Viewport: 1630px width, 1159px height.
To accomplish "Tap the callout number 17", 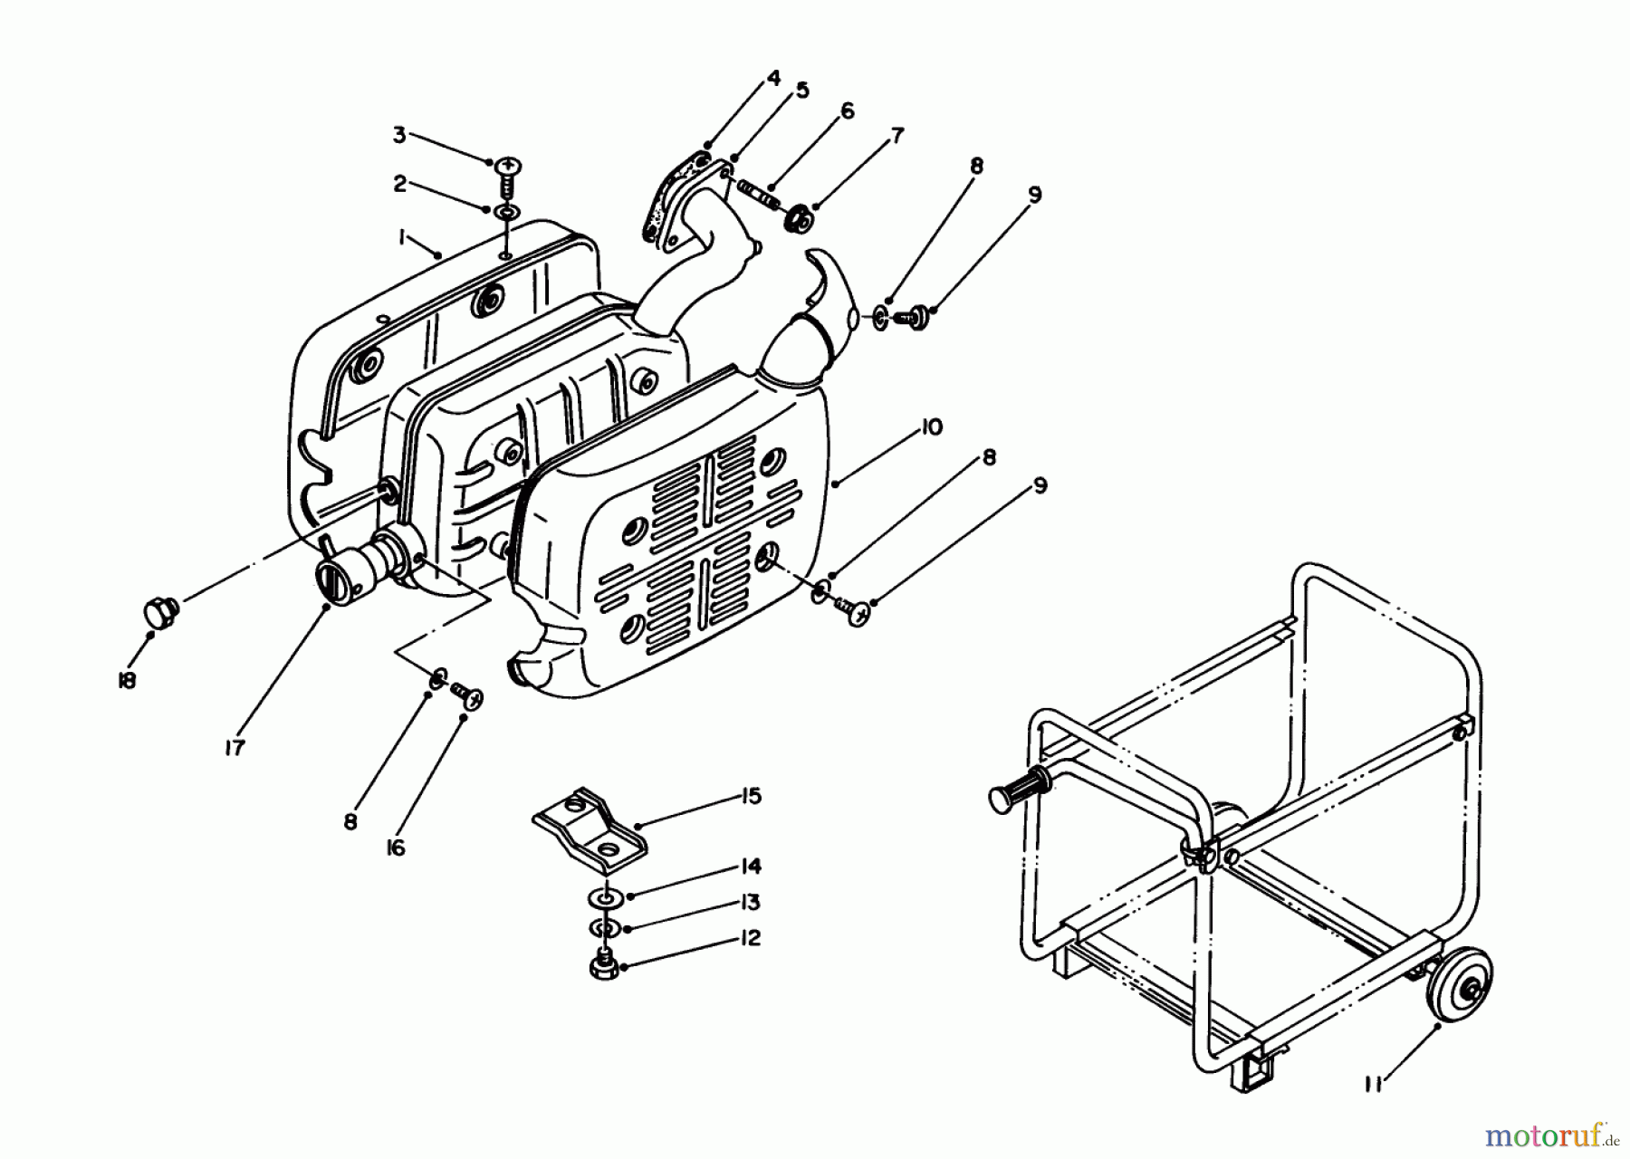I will click(235, 749).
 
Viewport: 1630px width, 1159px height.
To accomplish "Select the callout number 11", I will click(1375, 1083).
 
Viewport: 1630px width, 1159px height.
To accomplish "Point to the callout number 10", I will click(931, 427).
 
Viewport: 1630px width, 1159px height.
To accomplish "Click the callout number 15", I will click(751, 797).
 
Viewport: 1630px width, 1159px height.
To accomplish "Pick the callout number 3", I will click(399, 135).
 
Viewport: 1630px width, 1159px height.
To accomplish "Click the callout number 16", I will click(396, 848).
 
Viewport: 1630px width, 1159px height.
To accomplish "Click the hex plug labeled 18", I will click(161, 611).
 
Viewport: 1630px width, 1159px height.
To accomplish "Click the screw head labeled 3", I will click(508, 167).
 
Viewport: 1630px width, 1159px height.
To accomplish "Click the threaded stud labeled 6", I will click(759, 194).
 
